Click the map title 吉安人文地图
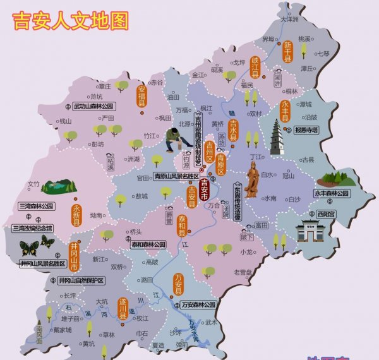tap(70, 20)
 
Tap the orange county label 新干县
tap(287, 51)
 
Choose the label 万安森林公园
tap(198, 304)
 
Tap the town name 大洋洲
tap(289, 20)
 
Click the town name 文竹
tap(33, 184)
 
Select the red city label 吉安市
tap(204, 189)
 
